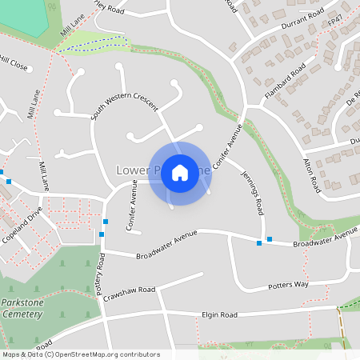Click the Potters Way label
(x=287, y=285)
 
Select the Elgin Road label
(x=220, y=315)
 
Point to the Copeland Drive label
(x=22, y=225)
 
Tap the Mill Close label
(x=14, y=63)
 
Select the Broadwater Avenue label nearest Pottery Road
(x=166, y=246)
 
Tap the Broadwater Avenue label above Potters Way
(x=324, y=240)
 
